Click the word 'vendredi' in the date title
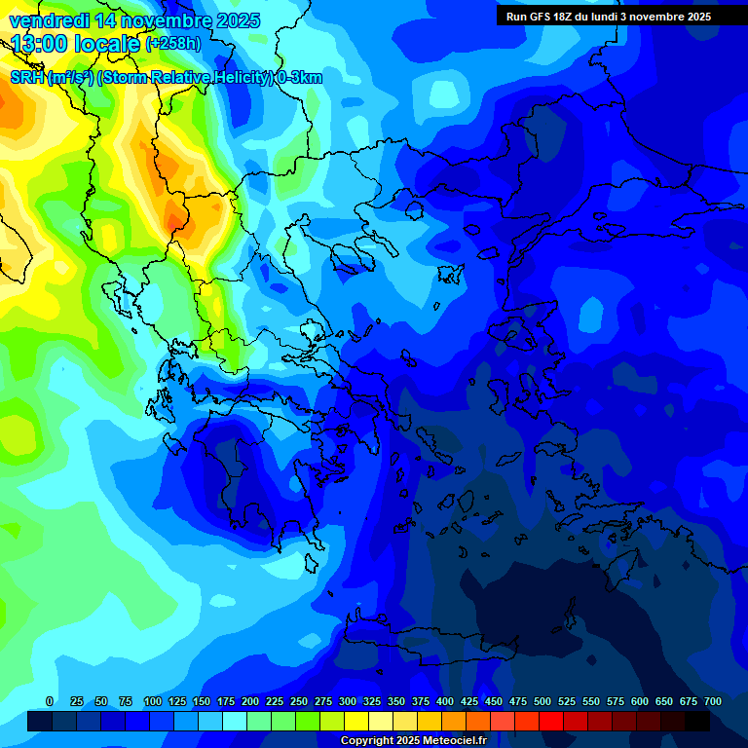[48, 20]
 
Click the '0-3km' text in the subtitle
[300, 78]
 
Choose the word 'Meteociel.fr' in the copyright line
[455, 741]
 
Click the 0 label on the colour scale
[50, 701]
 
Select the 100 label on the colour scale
[153, 701]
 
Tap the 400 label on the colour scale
[445, 701]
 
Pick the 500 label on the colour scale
[542, 701]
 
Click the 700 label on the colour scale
[713, 701]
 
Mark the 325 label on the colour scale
[372, 701]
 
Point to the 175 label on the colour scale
[226, 701]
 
